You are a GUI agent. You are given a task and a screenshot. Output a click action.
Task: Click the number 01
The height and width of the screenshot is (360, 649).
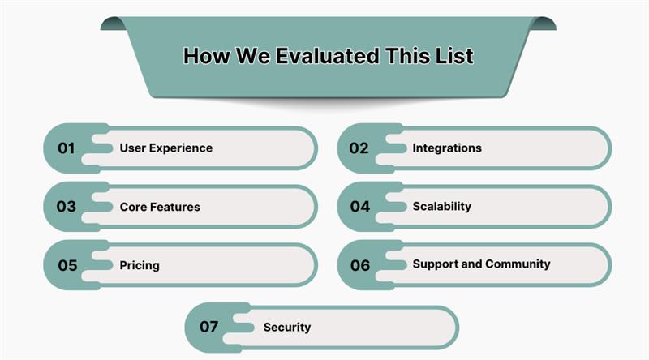pos(66,148)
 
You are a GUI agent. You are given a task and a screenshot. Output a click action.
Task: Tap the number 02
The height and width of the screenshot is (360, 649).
pos(359,148)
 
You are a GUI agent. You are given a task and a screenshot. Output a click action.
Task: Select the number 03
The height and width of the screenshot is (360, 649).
pos(66,207)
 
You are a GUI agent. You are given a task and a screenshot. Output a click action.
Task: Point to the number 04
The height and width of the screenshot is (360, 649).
pos(359,207)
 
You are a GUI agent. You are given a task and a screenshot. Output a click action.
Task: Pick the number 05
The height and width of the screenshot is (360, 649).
pos(67,265)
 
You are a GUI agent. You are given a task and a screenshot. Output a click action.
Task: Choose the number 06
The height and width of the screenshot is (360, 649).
pos(359,265)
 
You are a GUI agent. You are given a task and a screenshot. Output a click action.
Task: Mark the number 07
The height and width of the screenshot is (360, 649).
pos(209,328)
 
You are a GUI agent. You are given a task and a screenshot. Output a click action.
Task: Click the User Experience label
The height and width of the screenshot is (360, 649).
pos(165,148)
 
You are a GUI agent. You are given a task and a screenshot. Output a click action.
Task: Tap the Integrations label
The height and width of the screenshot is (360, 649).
pos(446,148)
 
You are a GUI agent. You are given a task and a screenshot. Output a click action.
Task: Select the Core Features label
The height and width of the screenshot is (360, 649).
pos(159,207)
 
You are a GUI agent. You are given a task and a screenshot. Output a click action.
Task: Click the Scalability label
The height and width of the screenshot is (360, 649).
pos(441,207)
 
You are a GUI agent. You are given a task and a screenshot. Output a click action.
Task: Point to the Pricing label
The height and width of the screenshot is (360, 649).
pos(139,265)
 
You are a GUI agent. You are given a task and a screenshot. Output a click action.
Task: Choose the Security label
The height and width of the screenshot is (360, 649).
pos(286,328)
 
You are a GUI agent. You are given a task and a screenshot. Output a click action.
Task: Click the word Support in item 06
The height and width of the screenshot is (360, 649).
pos(435,264)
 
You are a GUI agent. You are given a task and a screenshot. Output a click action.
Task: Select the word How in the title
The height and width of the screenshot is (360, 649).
pos(203,56)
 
